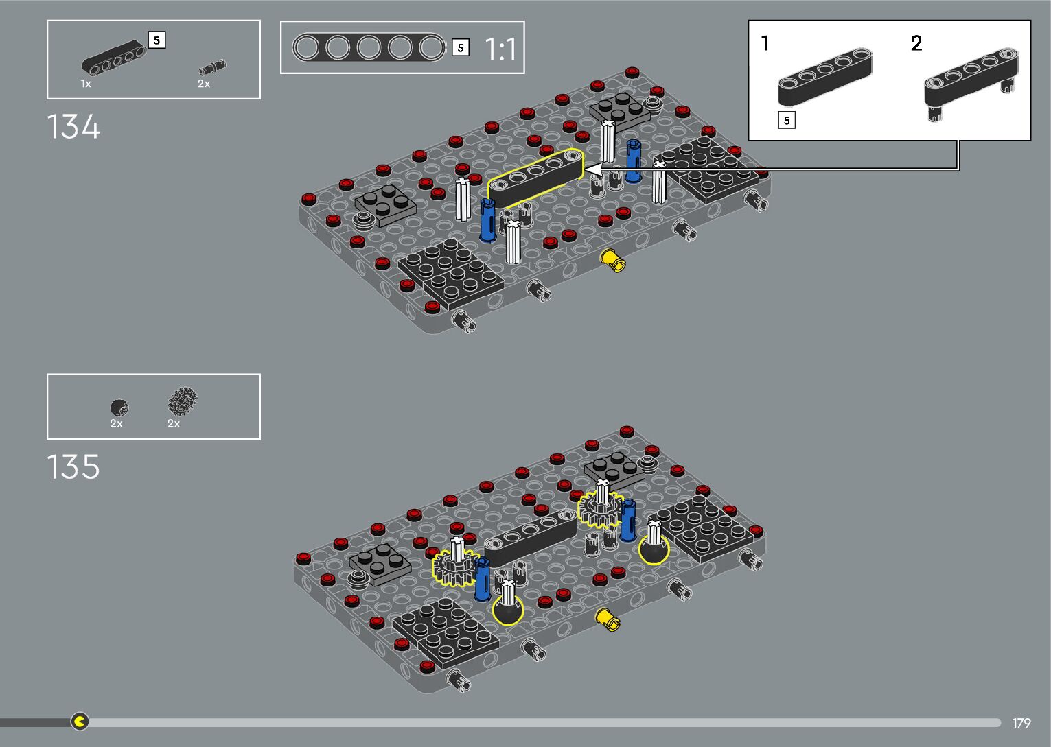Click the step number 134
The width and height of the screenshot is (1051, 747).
click(73, 127)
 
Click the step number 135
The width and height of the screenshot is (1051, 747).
click(73, 466)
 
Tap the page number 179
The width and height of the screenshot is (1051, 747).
click(1021, 722)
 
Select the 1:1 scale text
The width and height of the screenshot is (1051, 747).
click(500, 49)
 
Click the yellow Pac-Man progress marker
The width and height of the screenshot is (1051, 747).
click(80, 721)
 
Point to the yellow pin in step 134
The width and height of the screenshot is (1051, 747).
click(613, 260)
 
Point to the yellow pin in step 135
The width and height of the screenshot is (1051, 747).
click(608, 619)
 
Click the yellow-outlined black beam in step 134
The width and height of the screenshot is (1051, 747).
click(535, 178)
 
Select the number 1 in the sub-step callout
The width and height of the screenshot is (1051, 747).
click(765, 43)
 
